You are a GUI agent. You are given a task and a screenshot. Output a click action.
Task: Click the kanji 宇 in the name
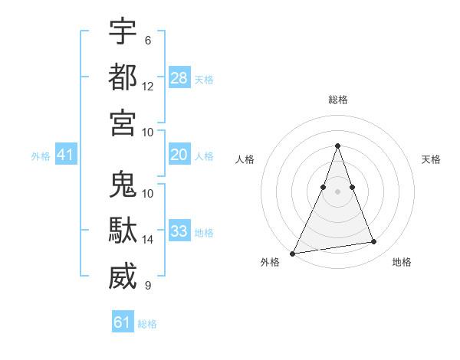[123, 31]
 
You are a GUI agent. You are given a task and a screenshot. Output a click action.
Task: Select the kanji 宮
[123, 122]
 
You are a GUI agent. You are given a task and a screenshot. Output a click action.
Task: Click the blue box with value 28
[179, 78]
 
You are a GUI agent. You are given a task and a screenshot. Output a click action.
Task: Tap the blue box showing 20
[179, 155]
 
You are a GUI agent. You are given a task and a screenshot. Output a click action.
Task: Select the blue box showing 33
[179, 231]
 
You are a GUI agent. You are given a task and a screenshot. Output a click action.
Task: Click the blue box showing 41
[66, 155]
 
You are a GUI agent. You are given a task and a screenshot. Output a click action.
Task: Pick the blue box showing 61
[123, 322]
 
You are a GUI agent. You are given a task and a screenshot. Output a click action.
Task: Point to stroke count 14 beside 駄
[148, 240]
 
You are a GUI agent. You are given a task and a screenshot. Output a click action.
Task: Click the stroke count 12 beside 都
[148, 87]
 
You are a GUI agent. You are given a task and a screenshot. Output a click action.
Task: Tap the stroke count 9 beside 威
[147, 286]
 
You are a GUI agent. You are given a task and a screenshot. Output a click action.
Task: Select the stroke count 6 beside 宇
[147, 41]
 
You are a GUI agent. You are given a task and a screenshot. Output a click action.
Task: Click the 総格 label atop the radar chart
[338, 100]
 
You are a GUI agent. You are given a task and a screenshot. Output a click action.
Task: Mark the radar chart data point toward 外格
[293, 253]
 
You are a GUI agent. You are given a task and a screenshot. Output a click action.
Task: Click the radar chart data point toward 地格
[374, 242]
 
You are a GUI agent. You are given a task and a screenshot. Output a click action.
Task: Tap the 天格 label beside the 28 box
[204, 80]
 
